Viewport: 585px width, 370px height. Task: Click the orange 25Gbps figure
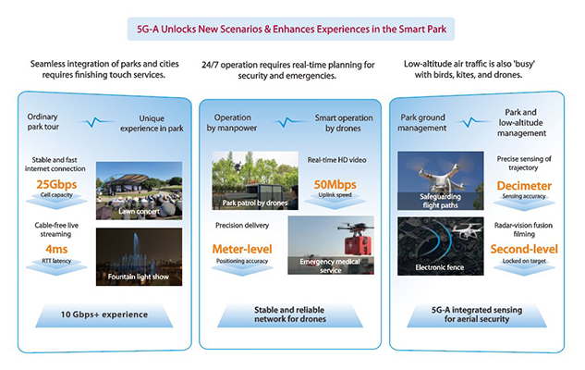(56, 184)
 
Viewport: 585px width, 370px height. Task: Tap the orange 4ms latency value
(56, 249)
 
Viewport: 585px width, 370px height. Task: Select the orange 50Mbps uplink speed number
(335, 184)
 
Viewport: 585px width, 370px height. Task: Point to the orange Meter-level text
(242, 249)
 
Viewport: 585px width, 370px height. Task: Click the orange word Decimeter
(524, 186)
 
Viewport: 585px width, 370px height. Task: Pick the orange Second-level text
(524, 249)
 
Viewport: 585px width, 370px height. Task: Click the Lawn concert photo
(140, 191)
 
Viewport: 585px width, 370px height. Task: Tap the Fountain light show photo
(140, 257)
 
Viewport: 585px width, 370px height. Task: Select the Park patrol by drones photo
(255, 180)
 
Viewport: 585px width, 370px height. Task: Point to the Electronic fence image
(441, 246)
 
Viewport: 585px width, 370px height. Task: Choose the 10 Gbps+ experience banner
(104, 315)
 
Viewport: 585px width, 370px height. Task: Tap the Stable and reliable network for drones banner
(290, 315)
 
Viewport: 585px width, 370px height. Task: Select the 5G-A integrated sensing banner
(477, 315)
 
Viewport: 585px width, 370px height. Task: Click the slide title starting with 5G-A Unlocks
(291, 29)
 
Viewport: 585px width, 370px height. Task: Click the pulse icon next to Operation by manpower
(286, 122)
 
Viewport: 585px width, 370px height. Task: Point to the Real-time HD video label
(337, 160)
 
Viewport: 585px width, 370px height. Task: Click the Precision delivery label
(242, 225)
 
